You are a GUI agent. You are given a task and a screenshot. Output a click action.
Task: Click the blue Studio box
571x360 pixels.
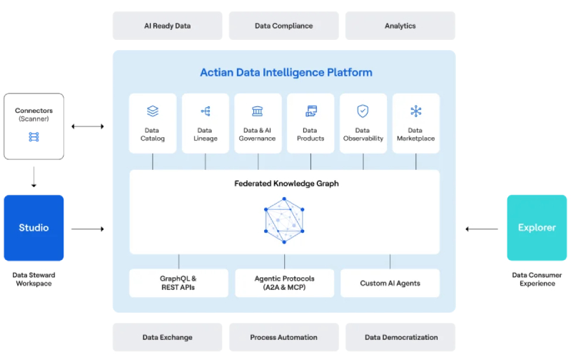pos(34,228)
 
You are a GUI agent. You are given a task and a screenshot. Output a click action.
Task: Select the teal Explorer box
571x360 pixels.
pos(537,228)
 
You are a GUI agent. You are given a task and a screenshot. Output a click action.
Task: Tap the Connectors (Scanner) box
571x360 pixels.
pos(34,126)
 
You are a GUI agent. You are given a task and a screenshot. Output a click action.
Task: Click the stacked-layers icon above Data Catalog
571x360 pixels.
pos(152,111)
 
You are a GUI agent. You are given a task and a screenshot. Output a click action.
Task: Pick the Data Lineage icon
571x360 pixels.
pos(206,111)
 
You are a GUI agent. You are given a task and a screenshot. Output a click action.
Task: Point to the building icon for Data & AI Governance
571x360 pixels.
pos(258,111)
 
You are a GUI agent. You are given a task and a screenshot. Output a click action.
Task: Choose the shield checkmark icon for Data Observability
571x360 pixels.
pos(363,111)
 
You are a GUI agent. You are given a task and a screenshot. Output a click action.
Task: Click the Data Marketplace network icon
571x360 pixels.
pos(415,111)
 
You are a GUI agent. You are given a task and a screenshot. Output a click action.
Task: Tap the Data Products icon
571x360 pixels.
pos(310,111)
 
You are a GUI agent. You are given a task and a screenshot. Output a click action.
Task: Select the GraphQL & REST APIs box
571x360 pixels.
pos(178,283)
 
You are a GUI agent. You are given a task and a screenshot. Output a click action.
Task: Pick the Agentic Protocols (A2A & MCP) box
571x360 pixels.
pos(284,283)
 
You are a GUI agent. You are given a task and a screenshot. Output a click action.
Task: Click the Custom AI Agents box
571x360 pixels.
pos(390,283)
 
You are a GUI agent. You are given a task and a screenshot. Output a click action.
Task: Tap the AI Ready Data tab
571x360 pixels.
pos(167,26)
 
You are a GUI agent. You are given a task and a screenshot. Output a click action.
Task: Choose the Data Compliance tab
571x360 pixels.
pos(283,26)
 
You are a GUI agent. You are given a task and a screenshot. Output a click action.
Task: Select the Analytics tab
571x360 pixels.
pos(400,26)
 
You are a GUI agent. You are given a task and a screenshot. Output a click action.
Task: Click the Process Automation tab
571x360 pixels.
pos(283,337)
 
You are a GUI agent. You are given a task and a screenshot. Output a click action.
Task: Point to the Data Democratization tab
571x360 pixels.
pos(400,337)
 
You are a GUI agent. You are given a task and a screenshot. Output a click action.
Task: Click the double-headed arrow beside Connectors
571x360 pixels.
pos(87,126)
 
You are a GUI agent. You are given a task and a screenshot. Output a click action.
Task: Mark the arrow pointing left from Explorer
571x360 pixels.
pos(482,229)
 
